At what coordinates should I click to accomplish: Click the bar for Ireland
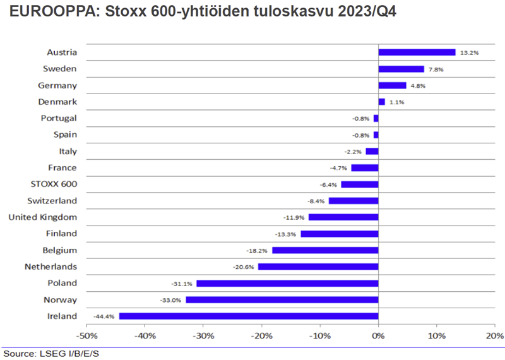coord(249,316)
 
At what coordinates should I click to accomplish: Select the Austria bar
coord(417,52)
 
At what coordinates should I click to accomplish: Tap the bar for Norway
coord(282,299)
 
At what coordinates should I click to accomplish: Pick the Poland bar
coord(287,283)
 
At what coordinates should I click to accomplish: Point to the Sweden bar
coord(401,69)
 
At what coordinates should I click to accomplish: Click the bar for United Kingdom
coord(343,217)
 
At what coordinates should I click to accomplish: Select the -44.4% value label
coord(104,316)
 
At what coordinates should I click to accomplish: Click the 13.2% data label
coord(468,53)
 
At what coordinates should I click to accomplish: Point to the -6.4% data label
coord(328,184)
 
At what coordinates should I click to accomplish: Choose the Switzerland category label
coord(52,201)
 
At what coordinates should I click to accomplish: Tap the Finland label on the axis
coord(61,234)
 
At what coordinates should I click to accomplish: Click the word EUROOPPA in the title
coord(50,13)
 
